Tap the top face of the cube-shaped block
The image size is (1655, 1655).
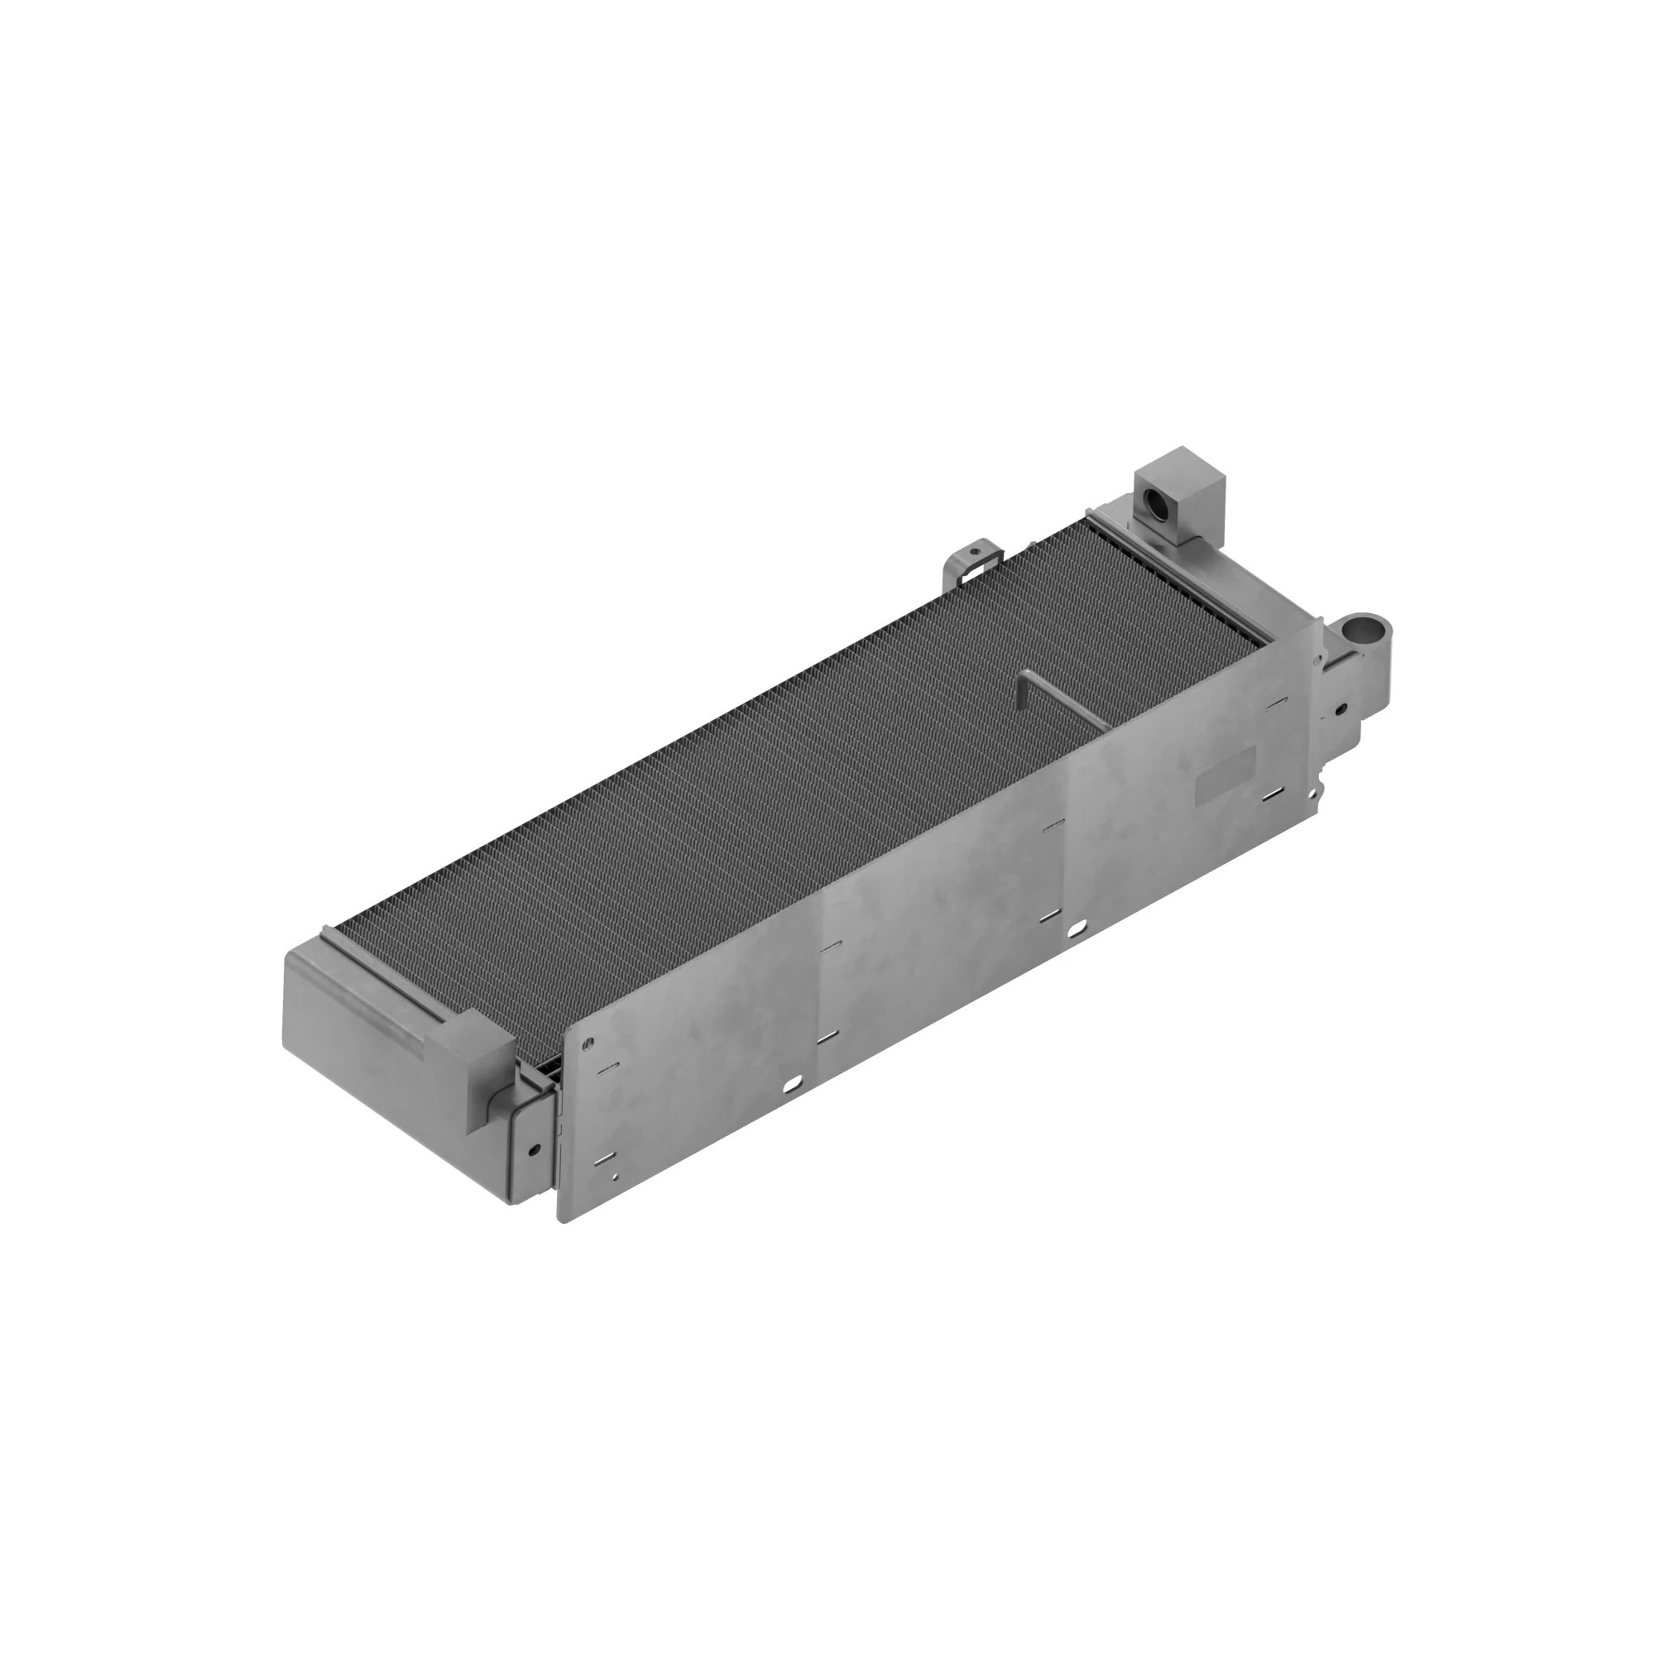[1181, 462]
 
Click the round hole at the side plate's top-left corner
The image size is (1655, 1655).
[587, 1044]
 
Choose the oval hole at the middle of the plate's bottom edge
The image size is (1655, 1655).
[1077, 927]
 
